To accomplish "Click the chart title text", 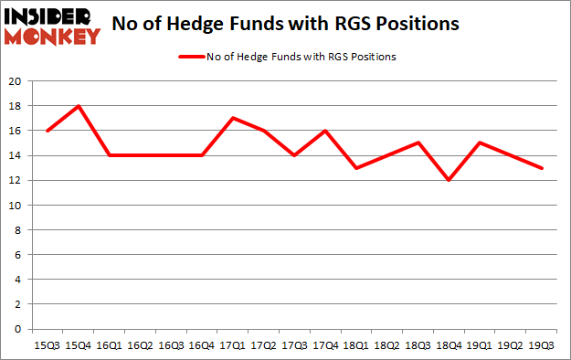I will (286, 25).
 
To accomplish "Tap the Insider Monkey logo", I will (52, 26).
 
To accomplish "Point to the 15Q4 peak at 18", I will (78, 106).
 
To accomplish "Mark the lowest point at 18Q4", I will (449, 180).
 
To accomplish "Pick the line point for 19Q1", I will (481, 143).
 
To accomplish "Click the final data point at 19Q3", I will (543, 168).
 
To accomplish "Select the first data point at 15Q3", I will (47, 131).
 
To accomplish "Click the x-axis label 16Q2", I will (140, 345).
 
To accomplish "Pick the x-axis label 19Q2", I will (512, 345).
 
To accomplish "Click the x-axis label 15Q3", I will (47, 345).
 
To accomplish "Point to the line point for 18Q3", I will (418, 143).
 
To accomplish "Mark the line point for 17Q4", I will (325, 131).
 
